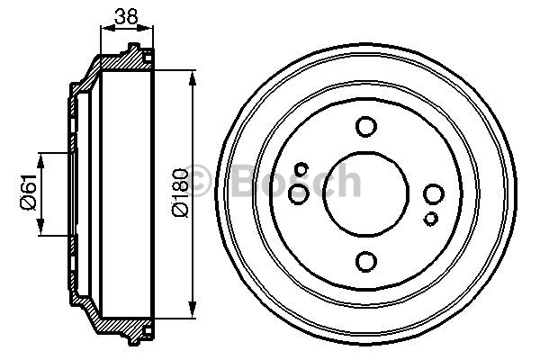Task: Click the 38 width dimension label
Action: tap(126, 16)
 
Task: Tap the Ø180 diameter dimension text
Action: tap(180, 192)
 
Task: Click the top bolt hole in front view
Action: tap(365, 126)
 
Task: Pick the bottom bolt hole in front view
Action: tap(365, 262)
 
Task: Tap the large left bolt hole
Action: tap(298, 194)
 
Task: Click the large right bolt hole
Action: tap(433, 194)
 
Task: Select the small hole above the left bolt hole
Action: tap(302, 169)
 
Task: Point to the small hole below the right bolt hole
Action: tap(430, 219)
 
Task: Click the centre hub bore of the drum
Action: tap(365, 194)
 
